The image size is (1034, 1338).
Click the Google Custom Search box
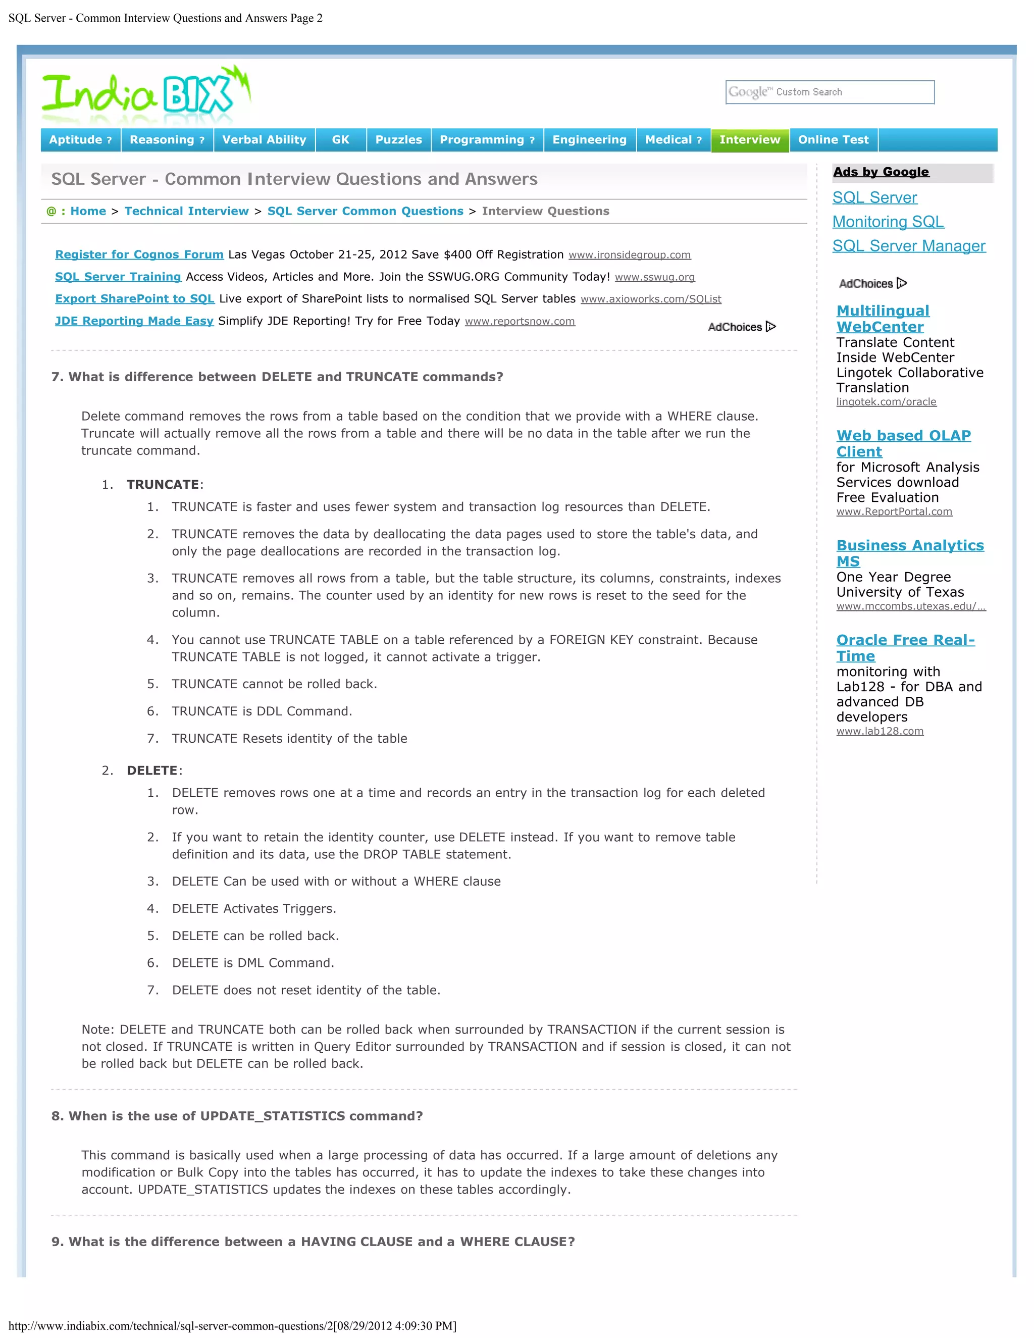pyautogui.click(x=830, y=92)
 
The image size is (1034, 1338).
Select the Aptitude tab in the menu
pyautogui.click(x=80, y=140)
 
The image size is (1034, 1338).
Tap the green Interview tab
pyautogui.click(x=750, y=140)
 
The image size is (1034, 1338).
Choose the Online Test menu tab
pyautogui.click(x=833, y=140)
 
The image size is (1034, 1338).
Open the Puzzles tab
pyautogui.click(x=399, y=140)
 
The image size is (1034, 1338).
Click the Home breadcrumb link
pyautogui.click(x=88, y=212)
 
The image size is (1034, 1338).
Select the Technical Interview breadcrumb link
pyautogui.click(x=187, y=212)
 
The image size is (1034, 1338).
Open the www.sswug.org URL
pyautogui.click(x=655, y=278)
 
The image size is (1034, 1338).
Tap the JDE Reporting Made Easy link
pyautogui.click(x=134, y=321)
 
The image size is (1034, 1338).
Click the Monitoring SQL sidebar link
pyautogui.click(x=888, y=222)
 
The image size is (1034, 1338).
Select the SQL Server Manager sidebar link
pyautogui.click(x=909, y=246)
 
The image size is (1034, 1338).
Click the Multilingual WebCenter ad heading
pyautogui.click(x=883, y=319)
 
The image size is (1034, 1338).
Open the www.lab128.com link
pyautogui.click(x=880, y=732)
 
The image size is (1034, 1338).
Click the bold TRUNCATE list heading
pyautogui.click(x=163, y=485)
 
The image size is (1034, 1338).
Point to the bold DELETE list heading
pyautogui.click(x=152, y=770)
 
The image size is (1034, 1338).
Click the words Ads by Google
pyautogui.click(x=881, y=172)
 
